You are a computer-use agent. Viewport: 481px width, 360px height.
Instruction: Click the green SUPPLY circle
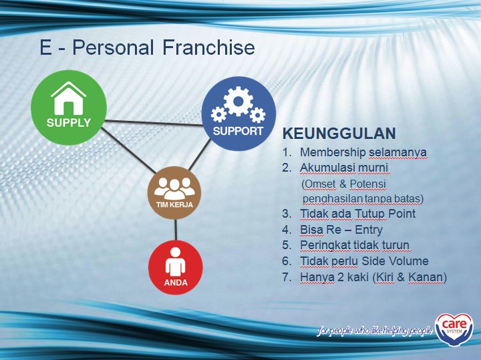pyautogui.click(x=69, y=108)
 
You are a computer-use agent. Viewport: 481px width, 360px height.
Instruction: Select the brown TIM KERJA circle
pyautogui.click(x=174, y=193)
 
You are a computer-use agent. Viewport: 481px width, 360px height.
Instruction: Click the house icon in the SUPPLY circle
pyautogui.click(x=69, y=98)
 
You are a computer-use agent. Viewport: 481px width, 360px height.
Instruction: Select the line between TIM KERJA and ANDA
pyautogui.click(x=175, y=230)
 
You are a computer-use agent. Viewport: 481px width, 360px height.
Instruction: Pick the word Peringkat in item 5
pyautogui.click(x=327, y=245)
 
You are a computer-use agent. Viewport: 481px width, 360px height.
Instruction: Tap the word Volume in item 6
pyautogui.click(x=409, y=261)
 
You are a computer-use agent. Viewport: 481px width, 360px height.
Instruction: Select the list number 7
pyautogui.click(x=286, y=277)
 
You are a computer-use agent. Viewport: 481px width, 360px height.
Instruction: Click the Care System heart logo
pyautogui.click(x=454, y=329)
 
